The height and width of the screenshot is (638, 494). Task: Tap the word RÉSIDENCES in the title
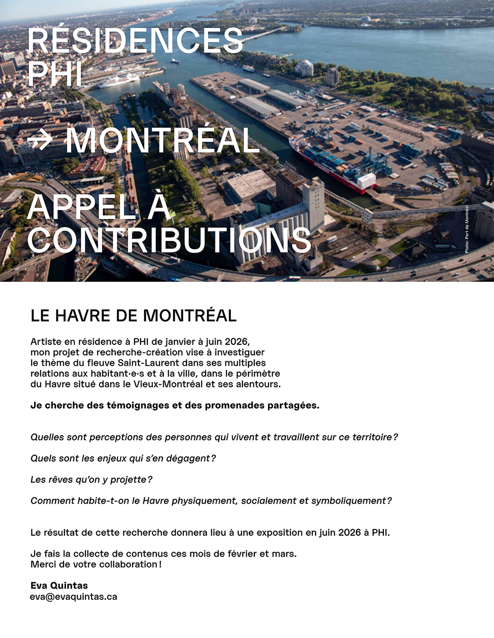[x=135, y=41]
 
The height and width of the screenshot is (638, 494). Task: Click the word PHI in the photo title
[x=55, y=74]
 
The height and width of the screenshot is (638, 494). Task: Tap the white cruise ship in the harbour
[x=119, y=80]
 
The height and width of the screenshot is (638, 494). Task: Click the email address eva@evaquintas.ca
[x=74, y=597]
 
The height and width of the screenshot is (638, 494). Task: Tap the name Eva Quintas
[x=59, y=585]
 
